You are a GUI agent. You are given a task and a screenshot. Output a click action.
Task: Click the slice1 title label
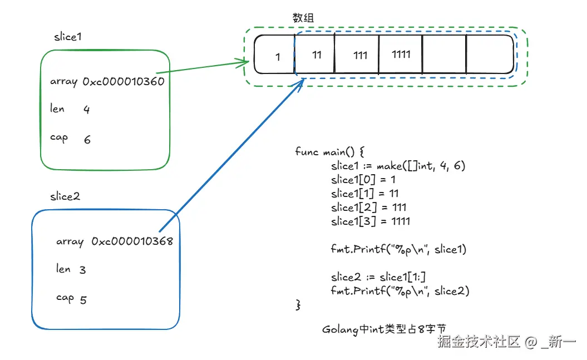point(68,37)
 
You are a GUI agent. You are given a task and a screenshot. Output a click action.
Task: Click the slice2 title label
point(65,197)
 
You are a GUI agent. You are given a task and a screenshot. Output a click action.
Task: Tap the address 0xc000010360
point(123,81)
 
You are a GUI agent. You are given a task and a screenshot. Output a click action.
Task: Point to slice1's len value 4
point(86,110)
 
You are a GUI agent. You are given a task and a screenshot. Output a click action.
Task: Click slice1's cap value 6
point(87,140)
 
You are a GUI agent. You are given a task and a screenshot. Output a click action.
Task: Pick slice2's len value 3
point(82,270)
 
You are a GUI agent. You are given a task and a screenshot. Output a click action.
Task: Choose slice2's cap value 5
point(83,300)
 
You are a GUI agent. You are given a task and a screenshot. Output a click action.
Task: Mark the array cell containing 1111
point(401,55)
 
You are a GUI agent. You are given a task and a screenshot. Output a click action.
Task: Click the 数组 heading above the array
point(303,18)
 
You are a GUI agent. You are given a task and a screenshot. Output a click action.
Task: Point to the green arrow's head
point(245,62)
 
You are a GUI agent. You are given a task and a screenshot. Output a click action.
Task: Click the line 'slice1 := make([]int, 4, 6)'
point(397,166)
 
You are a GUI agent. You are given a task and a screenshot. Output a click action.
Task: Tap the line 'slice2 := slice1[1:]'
point(378,277)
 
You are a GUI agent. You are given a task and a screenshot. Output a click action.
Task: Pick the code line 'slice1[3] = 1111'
point(370,221)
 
